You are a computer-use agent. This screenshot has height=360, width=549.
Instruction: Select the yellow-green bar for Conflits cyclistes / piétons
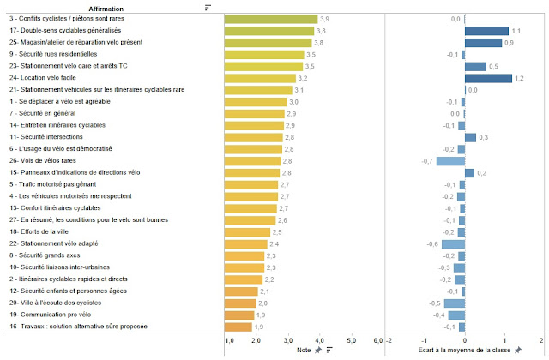[x=270, y=18]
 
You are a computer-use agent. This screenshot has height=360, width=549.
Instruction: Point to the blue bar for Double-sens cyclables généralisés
[x=486, y=30]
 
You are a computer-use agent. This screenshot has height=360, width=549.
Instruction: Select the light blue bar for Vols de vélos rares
[x=450, y=160]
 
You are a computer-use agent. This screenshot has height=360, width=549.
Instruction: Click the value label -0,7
[x=427, y=160]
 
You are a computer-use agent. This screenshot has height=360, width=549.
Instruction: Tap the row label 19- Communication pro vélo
[x=44, y=315]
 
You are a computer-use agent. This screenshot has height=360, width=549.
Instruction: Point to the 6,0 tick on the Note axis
[x=378, y=340]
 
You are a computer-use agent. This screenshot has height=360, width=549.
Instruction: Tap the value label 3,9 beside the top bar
[x=324, y=18]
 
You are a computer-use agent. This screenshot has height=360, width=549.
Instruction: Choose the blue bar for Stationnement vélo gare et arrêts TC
[x=475, y=66]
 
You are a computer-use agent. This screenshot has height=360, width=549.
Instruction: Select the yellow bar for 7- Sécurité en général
[x=257, y=113]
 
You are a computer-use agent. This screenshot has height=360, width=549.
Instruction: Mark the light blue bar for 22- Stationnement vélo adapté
[x=453, y=243]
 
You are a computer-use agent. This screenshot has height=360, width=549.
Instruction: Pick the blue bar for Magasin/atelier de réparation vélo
[x=483, y=42]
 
